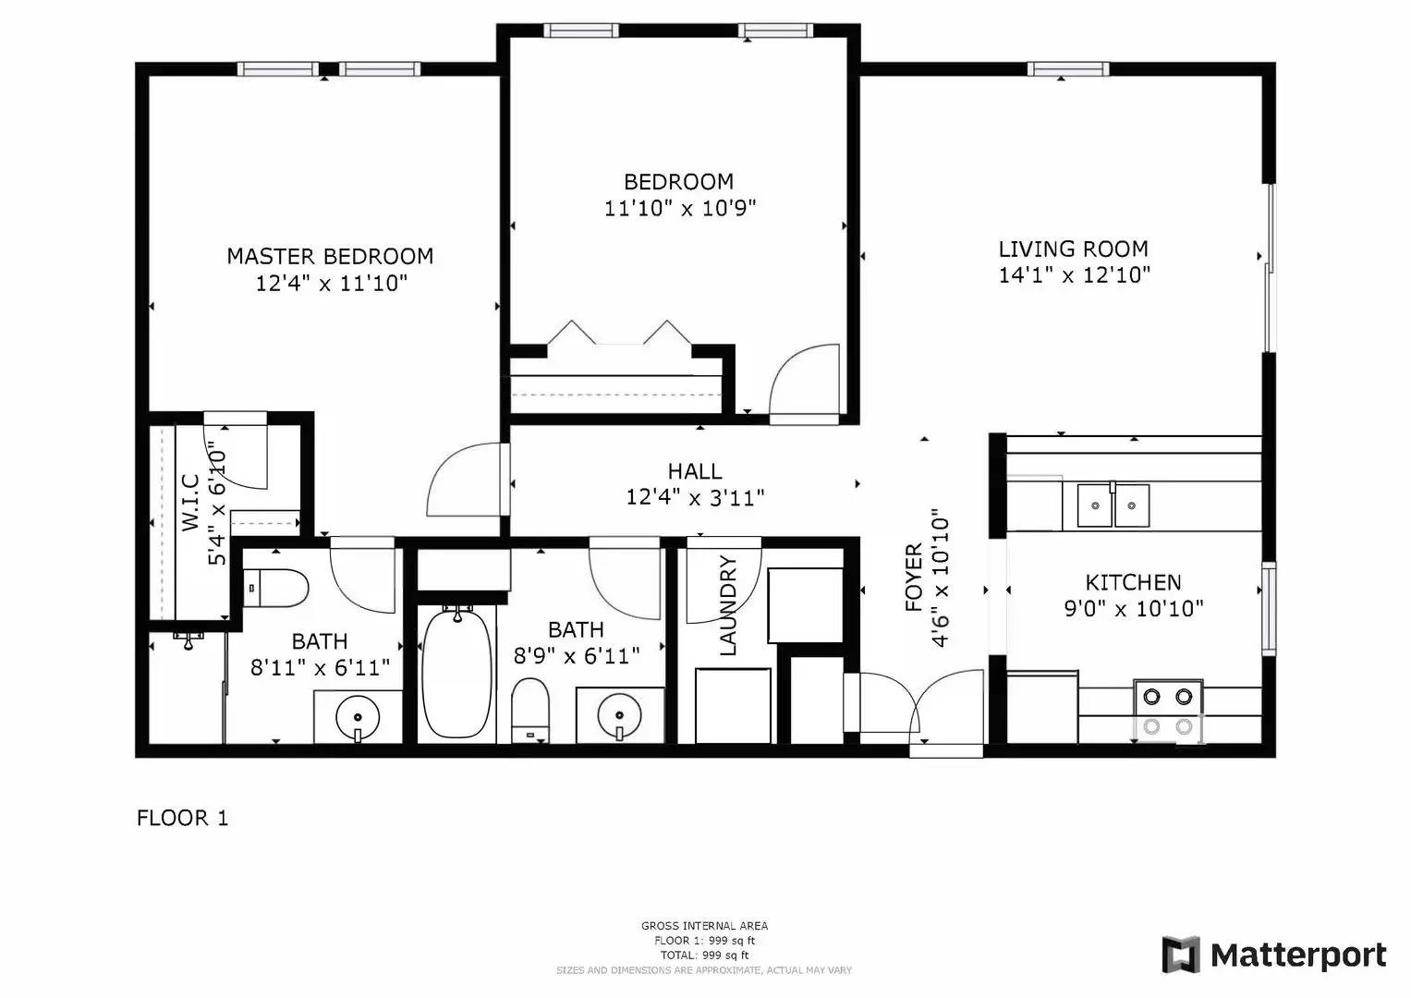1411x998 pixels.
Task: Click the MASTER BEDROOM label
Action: click(330, 256)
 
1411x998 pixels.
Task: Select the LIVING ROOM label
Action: click(1073, 249)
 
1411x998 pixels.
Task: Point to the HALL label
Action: click(695, 472)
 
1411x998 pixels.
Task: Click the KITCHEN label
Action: click(1133, 582)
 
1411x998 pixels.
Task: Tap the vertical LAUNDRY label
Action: click(728, 605)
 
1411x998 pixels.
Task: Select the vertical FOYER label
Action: click(914, 578)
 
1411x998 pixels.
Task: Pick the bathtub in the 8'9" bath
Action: click(456, 671)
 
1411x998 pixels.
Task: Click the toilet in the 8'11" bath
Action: click(276, 588)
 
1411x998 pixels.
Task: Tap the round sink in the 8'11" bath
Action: click(357, 715)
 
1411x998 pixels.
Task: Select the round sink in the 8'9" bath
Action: click(618, 714)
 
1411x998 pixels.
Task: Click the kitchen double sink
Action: click(1113, 505)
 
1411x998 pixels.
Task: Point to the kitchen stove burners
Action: click(1168, 711)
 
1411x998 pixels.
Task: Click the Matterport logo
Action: click(1274, 955)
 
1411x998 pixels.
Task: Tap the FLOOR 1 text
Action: click(182, 818)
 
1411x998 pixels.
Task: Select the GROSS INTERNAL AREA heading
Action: click(704, 926)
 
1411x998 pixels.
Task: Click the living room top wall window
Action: click(1067, 69)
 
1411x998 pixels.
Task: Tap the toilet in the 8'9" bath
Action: click(530, 710)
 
